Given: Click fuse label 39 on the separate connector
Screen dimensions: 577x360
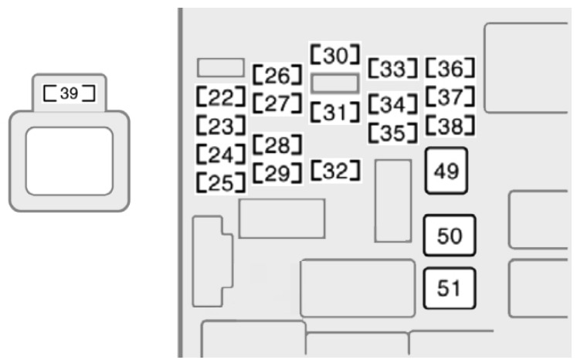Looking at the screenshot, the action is click(x=70, y=93).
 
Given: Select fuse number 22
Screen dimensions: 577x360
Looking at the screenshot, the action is click(x=220, y=97).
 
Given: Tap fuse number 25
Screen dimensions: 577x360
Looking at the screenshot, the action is click(x=220, y=182).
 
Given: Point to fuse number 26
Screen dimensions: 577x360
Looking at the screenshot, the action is click(x=277, y=75).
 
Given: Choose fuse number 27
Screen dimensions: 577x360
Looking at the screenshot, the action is click(x=277, y=103).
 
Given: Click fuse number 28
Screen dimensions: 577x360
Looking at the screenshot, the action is click(x=277, y=144).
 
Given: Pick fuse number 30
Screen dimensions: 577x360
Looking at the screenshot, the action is click(x=334, y=55).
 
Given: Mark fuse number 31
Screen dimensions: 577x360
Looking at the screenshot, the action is click(x=334, y=112).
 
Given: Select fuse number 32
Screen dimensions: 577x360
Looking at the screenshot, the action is click(x=335, y=171).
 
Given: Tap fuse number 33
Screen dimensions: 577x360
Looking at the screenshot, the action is click(x=393, y=68).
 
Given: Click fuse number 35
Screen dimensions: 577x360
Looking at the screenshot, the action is click(x=393, y=133).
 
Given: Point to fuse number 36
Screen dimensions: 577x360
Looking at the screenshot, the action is click(x=450, y=68).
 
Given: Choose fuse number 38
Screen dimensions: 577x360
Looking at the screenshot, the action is click(x=450, y=125).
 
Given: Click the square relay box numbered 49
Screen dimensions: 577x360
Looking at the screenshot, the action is click(x=446, y=171).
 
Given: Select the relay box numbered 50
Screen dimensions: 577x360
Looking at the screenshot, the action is click(x=450, y=236).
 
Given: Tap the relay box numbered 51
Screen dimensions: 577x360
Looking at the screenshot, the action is click(x=450, y=288).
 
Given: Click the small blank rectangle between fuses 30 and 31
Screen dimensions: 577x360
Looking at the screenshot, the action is click(x=335, y=83).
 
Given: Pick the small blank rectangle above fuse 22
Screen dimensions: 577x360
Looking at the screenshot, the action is click(x=221, y=68).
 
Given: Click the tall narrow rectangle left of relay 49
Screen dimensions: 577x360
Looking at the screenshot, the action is click(x=393, y=201).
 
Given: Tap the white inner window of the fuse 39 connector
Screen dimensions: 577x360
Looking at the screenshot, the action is click(x=70, y=161).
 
